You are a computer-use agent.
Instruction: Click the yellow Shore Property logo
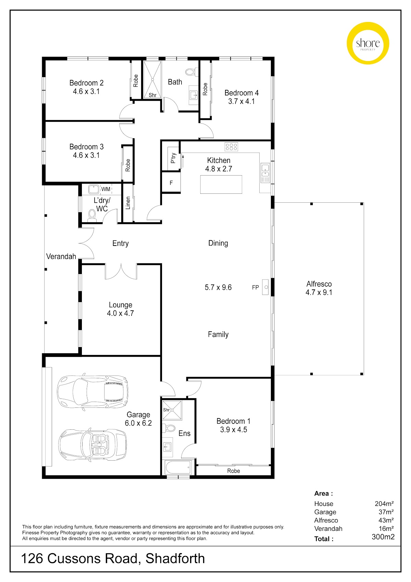[x=368, y=43]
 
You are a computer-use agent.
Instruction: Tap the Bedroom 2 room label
[x=86, y=83]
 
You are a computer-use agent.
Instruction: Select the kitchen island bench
[x=221, y=185]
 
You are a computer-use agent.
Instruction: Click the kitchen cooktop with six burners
[x=231, y=147]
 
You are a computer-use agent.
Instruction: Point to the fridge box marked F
[x=171, y=183]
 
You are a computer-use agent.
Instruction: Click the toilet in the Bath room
[x=192, y=72]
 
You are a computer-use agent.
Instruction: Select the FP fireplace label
[x=255, y=287]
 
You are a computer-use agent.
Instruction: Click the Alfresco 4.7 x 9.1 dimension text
[x=319, y=292]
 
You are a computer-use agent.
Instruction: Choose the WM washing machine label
[x=105, y=189]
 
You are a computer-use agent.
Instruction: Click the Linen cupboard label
[x=128, y=203]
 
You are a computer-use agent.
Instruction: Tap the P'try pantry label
[x=173, y=158]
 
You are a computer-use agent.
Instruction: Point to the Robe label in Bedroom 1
[x=234, y=471]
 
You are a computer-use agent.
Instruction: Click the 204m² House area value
[x=384, y=503]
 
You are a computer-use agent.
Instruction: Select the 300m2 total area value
[x=383, y=537]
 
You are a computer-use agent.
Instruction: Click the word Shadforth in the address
[x=175, y=558]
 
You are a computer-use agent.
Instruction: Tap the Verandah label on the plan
[x=61, y=257]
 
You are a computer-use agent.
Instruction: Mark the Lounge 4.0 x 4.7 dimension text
[x=121, y=313]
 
